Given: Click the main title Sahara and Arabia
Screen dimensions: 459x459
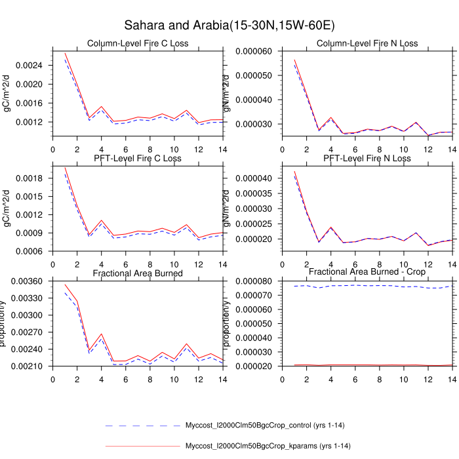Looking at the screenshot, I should (229, 26).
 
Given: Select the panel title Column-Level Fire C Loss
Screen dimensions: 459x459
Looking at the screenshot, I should (138, 44).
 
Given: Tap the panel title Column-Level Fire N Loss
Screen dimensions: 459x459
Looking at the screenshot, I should (367, 44).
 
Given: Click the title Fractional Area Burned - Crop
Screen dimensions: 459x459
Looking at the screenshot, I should (367, 271).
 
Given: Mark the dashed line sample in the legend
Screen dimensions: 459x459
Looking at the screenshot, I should (142, 426).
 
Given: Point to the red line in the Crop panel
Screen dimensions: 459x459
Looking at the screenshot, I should (367, 365).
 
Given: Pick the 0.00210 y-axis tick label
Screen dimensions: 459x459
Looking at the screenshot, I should (30, 366).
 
